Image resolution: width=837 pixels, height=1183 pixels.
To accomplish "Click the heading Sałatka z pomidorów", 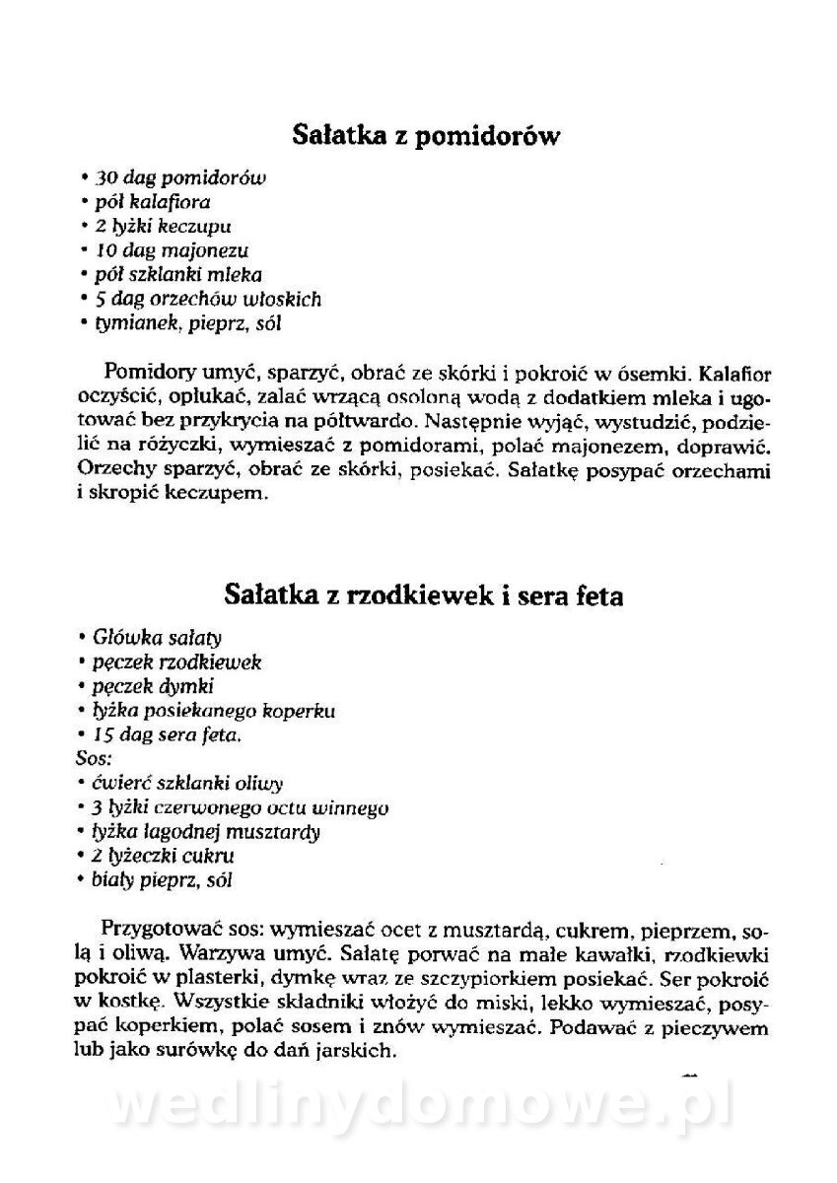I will click(426, 135).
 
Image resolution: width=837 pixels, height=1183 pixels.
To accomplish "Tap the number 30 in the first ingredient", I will click(105, 178).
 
